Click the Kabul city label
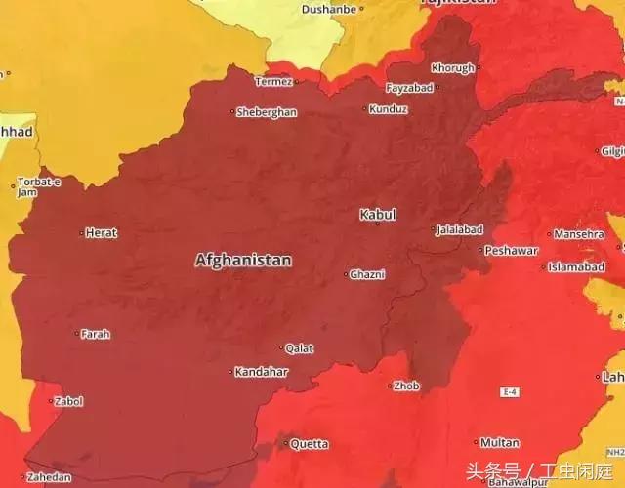pos(378,214)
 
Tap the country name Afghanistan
pos(243,261)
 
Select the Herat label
pos(101,233)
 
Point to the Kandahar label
pos(262,372)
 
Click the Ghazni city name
pos(368,274)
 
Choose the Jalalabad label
pos(459,230)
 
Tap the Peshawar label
pos(512,251)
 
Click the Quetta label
pos(309,444)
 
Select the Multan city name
pos(500,443)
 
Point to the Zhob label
pos(406,386)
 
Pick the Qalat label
pos(299,348)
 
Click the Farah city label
pos(95,334)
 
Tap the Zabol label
pos(68,401)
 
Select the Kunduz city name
pos(389,109)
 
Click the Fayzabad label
pos(409,88)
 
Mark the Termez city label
pos(274,81)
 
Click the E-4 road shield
pos(509,391)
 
